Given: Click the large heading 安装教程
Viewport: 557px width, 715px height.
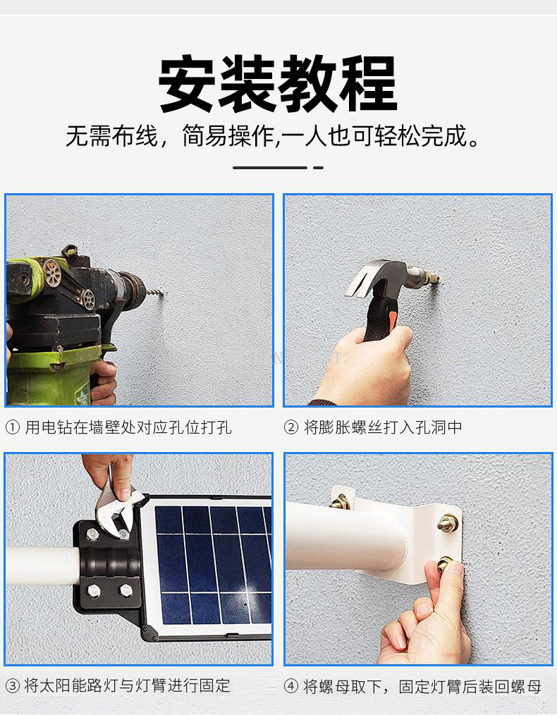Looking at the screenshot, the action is pyautogui.click(x=278, y=83).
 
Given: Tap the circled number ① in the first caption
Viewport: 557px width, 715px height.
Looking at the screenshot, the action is pyautogui.click(x=13, y=428).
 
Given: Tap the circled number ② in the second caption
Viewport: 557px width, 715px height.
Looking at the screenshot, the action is pyautogui.click(x=290, y=428).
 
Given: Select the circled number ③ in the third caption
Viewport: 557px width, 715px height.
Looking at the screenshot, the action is pyautogui.click(x=13, y=685).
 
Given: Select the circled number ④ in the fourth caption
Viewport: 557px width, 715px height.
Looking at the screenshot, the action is pyautogui.click(x=290, y=686).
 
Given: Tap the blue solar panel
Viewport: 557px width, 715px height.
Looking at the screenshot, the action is pyautogui.click(x=214, y=565).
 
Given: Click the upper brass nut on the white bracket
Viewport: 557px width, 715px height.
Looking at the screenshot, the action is pyautogui.click(x=448, y=522).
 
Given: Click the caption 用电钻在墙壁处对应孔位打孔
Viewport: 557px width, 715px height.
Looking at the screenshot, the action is pyautogui.click(x=128, y=428).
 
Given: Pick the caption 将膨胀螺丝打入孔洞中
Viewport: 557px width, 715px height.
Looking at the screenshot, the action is pyautogui.click(x=383, y=428).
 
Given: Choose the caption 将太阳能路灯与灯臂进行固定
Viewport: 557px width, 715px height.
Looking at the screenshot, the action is pyautogui.click(x=127, y=685).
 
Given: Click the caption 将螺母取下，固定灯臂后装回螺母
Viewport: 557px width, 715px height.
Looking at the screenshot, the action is pyautogui.click(x=422, y=686).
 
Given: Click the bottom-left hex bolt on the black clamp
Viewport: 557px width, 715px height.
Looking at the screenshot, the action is pyautogui.click(x=94, y=592).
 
